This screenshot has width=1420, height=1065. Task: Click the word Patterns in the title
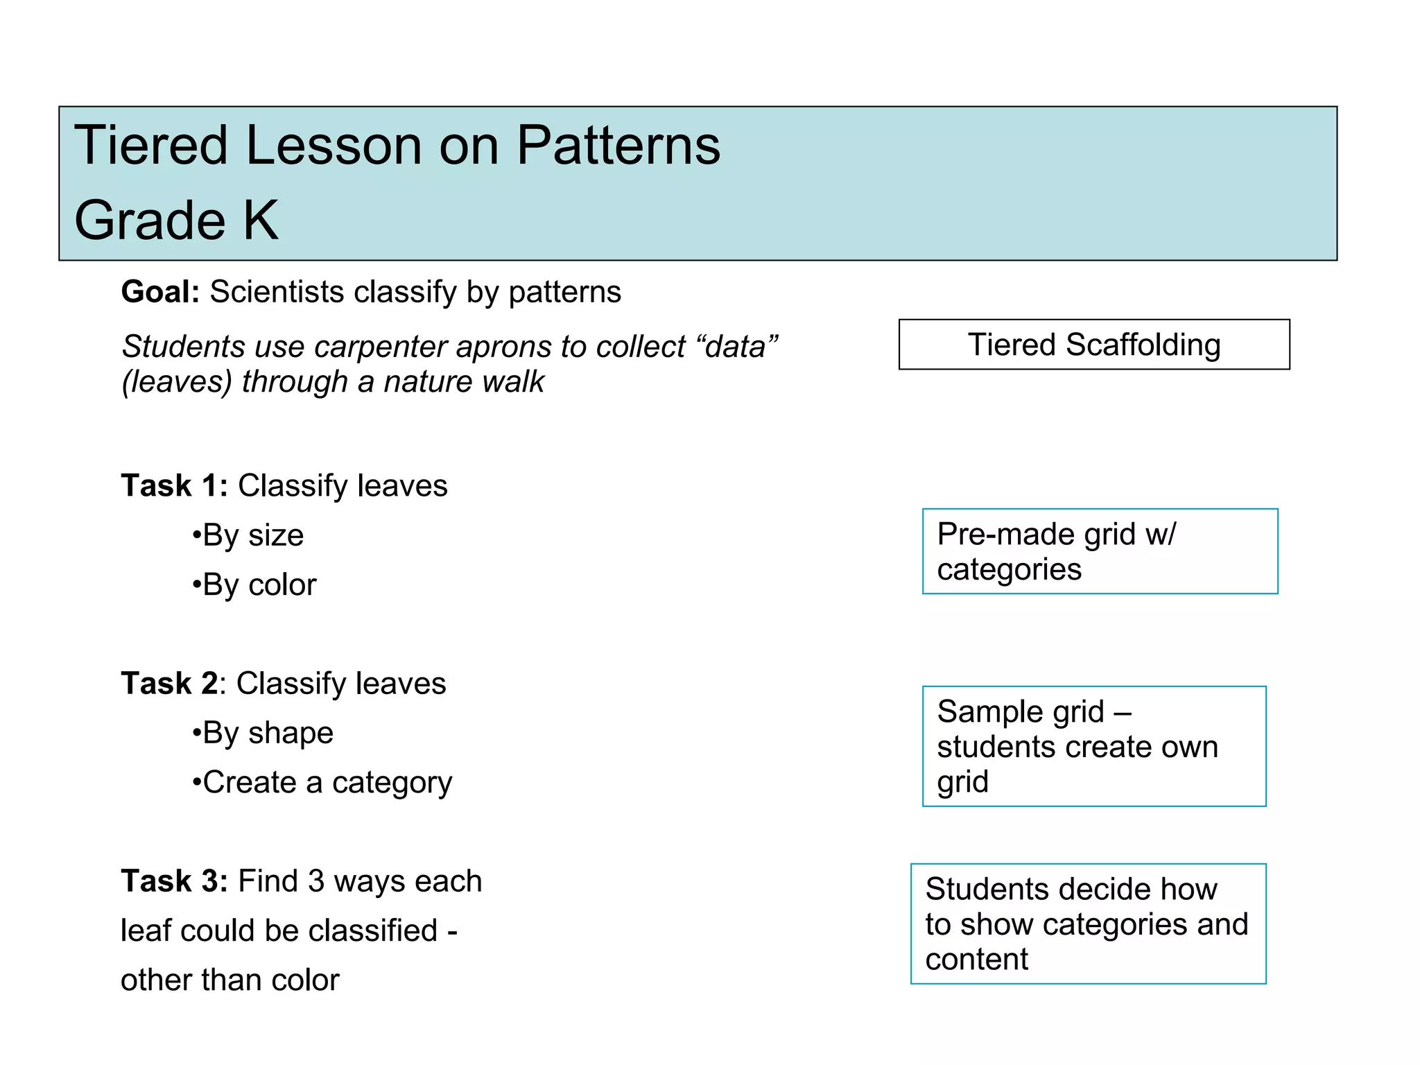(x=618, y=146)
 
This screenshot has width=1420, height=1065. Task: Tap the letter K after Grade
(x=261, y=220)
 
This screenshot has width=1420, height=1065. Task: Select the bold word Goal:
(x=160, y=292)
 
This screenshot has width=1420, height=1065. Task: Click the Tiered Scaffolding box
(x=1093, y=345)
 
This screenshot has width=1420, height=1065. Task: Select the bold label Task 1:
(x=174, y=485)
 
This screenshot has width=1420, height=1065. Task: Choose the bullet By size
(x=248, y=535)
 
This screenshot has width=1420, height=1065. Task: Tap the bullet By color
(x=254, y=585)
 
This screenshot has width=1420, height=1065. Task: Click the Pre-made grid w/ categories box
(x=1099, y=551)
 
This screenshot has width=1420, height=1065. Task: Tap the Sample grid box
(x=1093, y=746)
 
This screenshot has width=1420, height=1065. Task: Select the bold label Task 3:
(x=174, y=881)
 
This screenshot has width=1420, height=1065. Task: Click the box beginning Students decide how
(x=1087, y=924)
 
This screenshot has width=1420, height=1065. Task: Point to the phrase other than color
(x=230, y=980)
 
